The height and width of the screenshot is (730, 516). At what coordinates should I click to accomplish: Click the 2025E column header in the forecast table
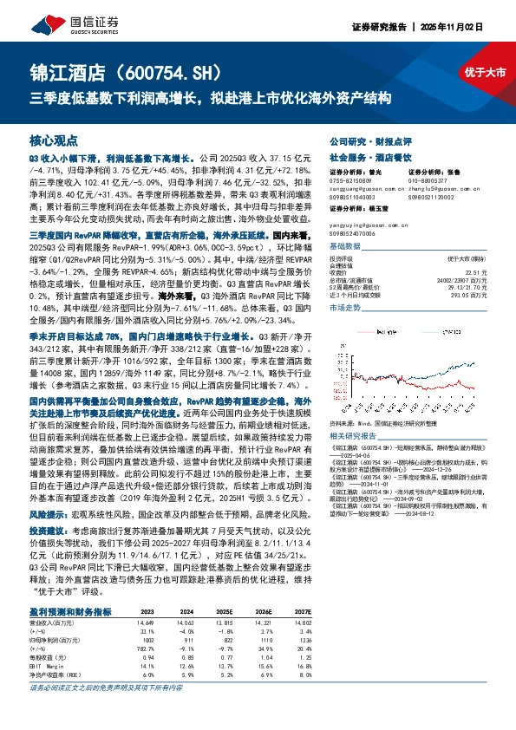pos(224,611)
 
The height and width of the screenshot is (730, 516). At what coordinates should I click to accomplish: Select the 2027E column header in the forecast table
pos(300,611)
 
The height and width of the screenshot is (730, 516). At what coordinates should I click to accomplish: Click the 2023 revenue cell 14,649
pos(145,623)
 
